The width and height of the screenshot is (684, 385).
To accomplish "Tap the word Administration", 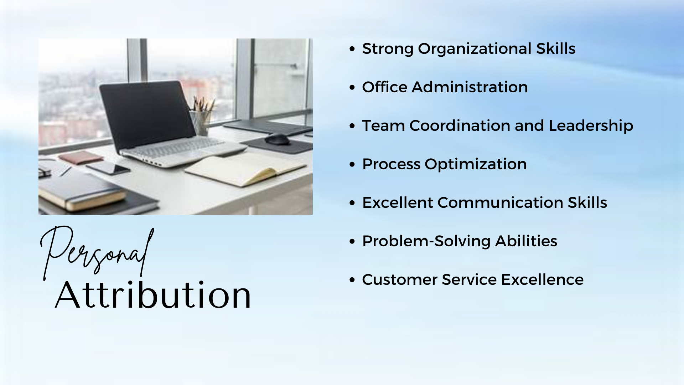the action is [470, 87].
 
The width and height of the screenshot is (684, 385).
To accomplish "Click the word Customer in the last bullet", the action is [400, 279].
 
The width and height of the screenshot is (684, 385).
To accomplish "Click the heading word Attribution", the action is [153, 294].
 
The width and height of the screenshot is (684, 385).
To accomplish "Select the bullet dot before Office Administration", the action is [352, 87].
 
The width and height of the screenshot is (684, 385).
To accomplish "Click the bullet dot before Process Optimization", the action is [352, 164].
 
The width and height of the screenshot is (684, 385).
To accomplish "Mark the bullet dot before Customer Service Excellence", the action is [352, 280].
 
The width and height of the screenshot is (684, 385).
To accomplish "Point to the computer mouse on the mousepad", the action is [278, 139].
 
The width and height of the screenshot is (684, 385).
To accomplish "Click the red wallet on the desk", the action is [80, 157].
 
